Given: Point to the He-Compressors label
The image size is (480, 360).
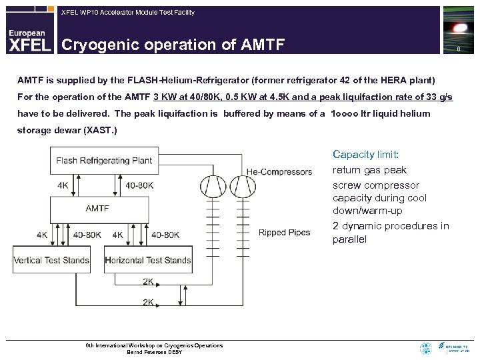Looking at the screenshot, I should point(279,171).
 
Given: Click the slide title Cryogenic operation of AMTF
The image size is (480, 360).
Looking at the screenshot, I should point(173,45).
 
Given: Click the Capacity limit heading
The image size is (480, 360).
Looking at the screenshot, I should point(365,154).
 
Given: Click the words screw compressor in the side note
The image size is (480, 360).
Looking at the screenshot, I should point(376,185).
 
